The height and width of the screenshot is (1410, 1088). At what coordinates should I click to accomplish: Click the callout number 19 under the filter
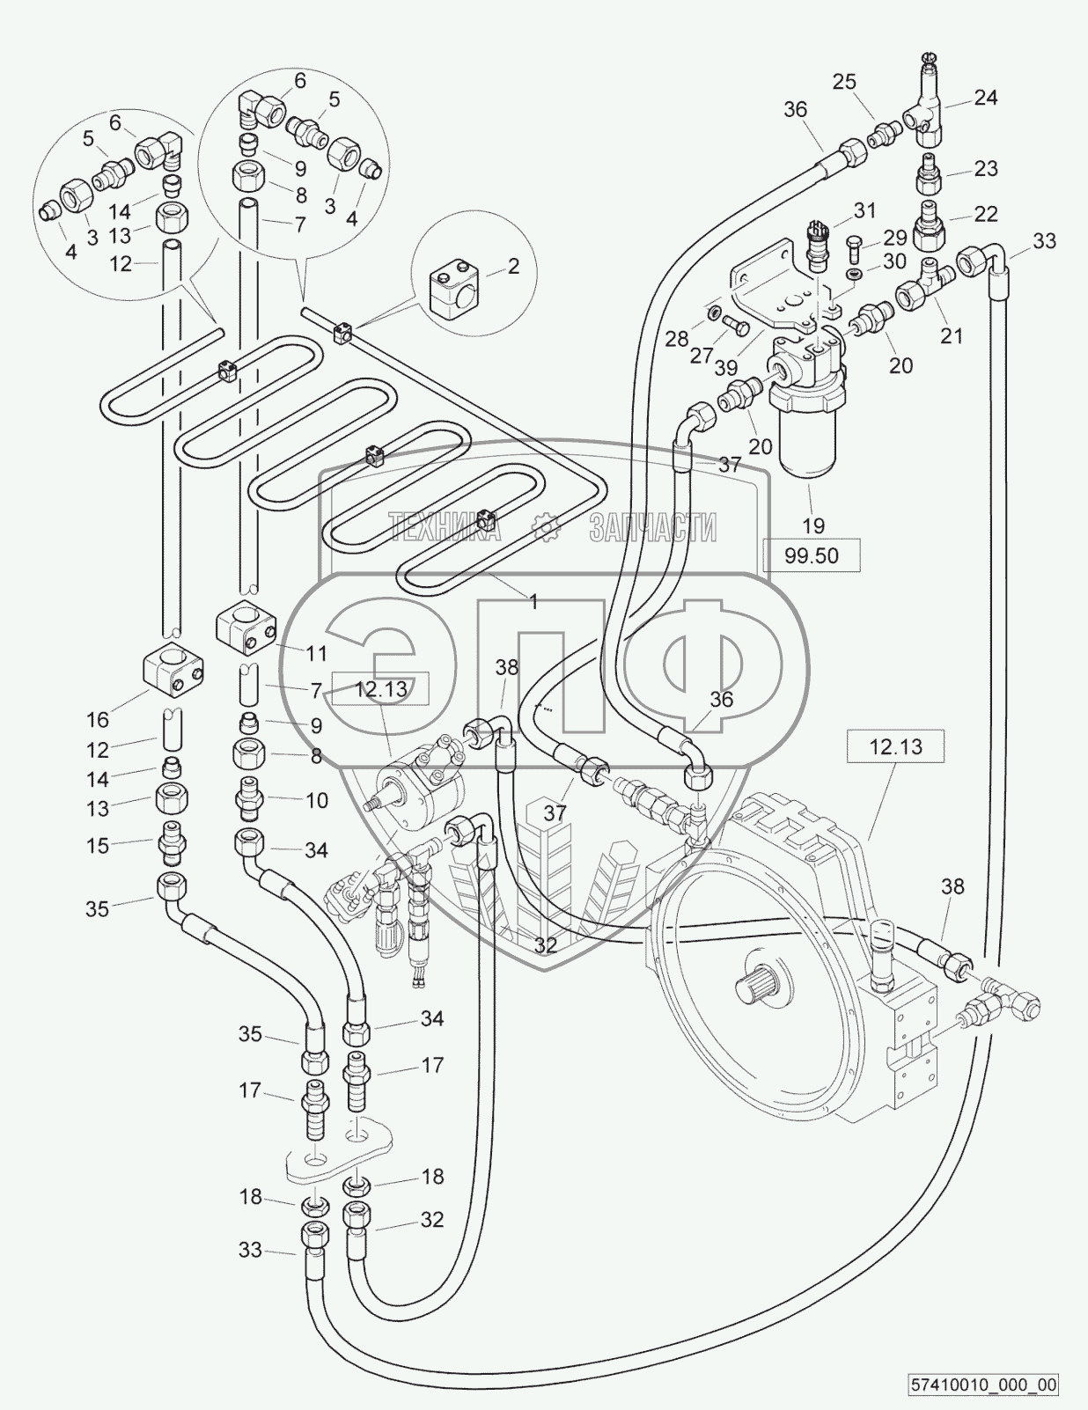point(813,525)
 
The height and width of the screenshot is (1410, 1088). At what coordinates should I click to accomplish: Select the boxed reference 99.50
point(811,555)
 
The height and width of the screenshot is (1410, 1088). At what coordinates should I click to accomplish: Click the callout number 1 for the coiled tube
point(533,601)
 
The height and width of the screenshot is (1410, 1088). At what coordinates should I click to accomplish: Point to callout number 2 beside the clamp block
point(513,266)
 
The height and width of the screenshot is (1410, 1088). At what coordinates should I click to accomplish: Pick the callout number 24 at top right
point(986,97)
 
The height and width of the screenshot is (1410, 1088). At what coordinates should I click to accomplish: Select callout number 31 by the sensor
point(865,209)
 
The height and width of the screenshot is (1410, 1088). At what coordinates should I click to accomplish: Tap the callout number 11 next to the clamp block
point(316,653)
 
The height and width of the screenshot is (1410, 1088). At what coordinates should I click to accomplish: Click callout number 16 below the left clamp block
point(98,720)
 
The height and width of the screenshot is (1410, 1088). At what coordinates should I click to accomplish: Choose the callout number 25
point(844,81)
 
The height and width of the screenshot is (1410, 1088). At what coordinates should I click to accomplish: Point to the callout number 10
point(316,800)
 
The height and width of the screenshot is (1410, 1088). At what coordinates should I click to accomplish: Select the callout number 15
point(98,845)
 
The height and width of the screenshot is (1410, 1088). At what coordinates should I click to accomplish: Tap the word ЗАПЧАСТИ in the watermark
point(651,527)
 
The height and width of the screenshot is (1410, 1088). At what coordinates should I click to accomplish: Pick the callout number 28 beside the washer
point(676,338)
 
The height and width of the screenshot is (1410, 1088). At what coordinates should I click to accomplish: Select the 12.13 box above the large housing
point(895,747)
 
